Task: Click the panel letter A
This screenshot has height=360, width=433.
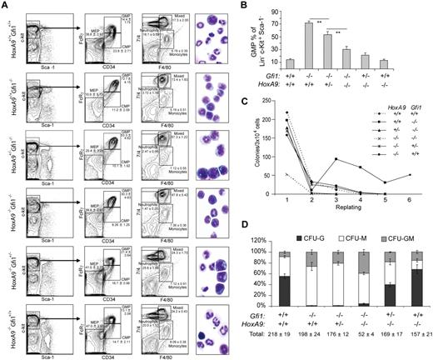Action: pyautogui.click(x=5, y=6)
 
